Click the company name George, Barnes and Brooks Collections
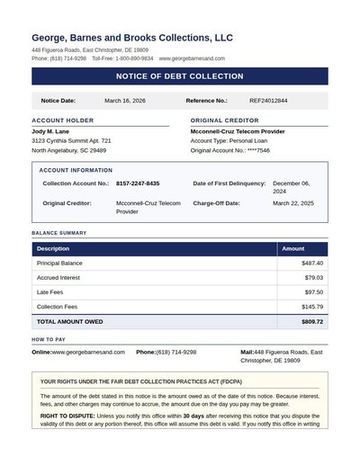(132, 38)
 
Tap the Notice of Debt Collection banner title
(180, 76)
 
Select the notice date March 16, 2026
(125, 101)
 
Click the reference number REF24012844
(268, 101)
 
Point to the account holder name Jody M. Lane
(50, 131)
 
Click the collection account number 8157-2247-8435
(138, 183)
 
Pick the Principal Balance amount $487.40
(312, 264)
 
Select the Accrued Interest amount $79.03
(314, 278)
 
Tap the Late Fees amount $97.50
(314, 292)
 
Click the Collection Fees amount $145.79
(312, 307)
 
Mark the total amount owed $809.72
(312, 321)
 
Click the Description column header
(53, 249)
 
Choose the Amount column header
(293, 249)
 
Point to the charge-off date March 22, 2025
(293, 203)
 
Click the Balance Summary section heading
(59, 233)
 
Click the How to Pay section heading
(49, 339)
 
